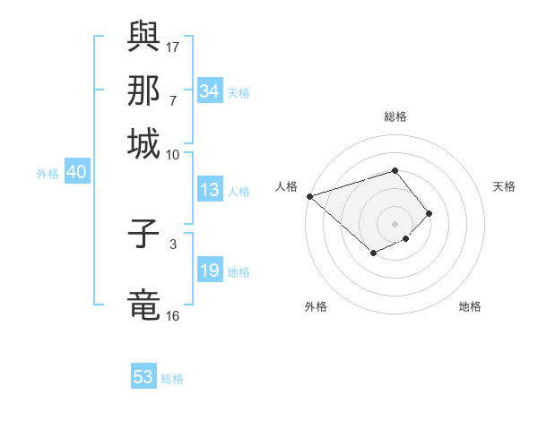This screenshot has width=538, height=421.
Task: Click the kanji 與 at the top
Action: coord(143,37)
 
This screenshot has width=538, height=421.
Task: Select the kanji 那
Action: coord(143,91)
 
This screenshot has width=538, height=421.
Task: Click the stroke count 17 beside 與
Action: coord(173,47)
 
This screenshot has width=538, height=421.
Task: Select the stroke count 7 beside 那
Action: coord(173,100)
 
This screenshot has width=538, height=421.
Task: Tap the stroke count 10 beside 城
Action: coord(173,154)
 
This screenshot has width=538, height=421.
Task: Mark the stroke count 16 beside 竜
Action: coord(173,315)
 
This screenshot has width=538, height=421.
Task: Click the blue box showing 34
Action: coord(209,91)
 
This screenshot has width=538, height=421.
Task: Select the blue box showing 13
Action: coord(209,190)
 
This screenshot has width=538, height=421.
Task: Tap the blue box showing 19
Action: coord(209,271)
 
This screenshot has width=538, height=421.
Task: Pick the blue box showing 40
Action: coord(76,173)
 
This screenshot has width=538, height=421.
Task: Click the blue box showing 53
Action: coord(143,377)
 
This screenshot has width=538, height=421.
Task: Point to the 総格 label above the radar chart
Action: coord(395,116)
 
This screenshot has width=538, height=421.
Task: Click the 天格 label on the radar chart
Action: coord(505,186)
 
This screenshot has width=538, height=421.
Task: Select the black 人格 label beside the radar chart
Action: coord(287,186)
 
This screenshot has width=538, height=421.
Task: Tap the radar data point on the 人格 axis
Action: coord(309,195)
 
